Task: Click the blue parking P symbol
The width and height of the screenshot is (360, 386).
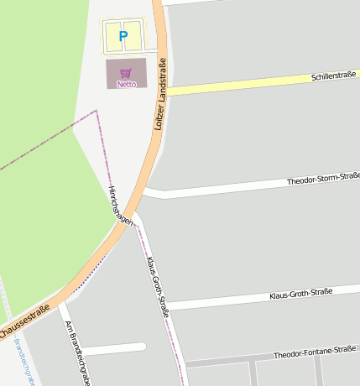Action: click(x=123, y=36)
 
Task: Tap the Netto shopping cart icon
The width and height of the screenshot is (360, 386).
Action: click(x=126, y=73)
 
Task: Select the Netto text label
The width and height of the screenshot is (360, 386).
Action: click(x=126, y=84)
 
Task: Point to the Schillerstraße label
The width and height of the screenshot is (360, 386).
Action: click(x=334, y=76)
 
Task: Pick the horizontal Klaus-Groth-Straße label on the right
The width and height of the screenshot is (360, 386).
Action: click(x=300, y=294)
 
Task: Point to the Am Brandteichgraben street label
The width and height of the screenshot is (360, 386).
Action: click(x=77, y=352)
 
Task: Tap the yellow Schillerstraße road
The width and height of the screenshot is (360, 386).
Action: click(x=243, y=85)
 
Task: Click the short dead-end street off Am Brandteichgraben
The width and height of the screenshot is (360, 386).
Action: click(x=113, y=347)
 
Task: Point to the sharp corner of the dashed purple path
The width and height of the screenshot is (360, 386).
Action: click(x=97, y=110)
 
